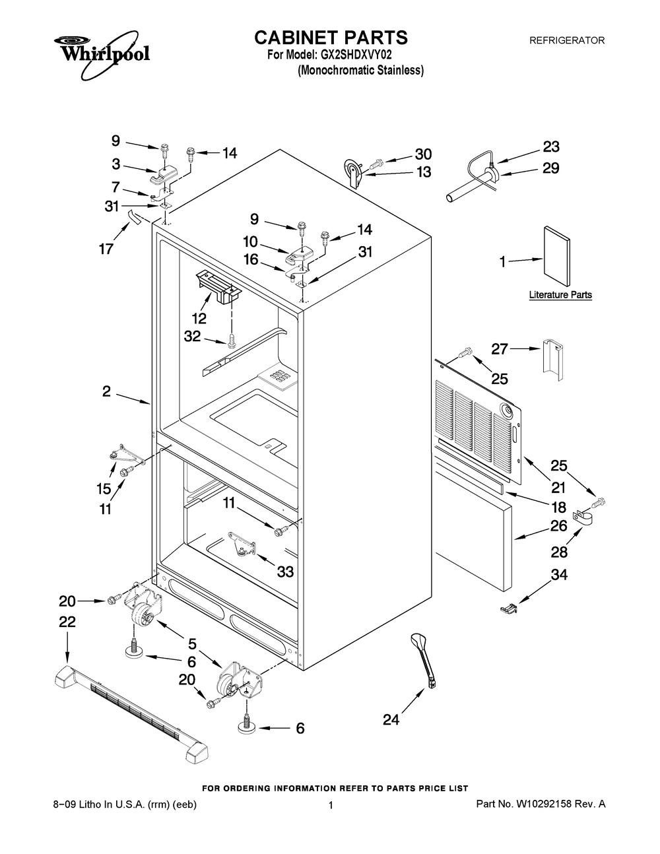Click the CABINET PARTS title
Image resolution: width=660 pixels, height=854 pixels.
coord(331,37)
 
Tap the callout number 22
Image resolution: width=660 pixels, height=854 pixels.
coord(67,622)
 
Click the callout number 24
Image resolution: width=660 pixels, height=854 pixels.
coord(391,719)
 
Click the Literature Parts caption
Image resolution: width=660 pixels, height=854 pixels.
coord(560,295)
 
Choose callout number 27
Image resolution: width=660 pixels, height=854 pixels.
coord(499,348)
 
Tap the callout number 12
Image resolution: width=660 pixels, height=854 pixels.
coord(199,318)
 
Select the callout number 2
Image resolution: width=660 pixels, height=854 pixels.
coord(106,391)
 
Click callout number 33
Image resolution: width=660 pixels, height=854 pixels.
coord(285,572)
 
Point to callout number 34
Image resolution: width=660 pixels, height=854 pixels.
coord(559,575)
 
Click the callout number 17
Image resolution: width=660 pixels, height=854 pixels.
coord(106,249)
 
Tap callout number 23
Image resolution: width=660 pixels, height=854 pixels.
coord(550,146)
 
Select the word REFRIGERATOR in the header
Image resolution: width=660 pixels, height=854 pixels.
coord(567,40)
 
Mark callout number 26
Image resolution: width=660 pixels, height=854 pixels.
coord(559,526)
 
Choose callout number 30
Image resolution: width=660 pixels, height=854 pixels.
coord(423,154)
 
